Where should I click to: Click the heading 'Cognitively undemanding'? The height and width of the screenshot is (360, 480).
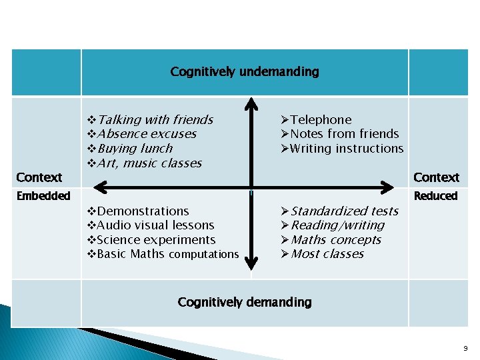pos(245,71)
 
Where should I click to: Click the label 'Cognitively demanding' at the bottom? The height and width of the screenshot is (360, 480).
pos(245,302)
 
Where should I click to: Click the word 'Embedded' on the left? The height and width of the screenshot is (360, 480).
pos(43,196)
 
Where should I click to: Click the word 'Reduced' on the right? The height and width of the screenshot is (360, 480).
pos(436,196)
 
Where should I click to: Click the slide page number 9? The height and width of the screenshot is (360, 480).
pos(465,348)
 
